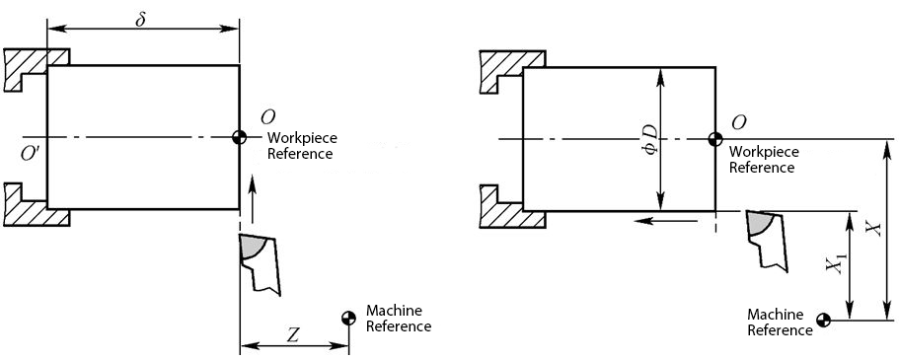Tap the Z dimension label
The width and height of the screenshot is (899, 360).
click(x=293, y=334)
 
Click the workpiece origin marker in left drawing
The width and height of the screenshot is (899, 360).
click(x=239, y=137)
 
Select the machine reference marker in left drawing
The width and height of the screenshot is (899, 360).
click(x=348, y=318)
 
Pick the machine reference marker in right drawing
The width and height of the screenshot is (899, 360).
click(x=824, y=320)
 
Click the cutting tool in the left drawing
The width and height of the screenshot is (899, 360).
click(x=259, y=260)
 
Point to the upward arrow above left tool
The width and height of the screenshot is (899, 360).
click(x=253, y=197)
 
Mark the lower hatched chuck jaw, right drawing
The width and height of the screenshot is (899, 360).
click(x=501, y=201)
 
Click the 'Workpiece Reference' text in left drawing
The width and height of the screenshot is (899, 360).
click(x=300, y=145)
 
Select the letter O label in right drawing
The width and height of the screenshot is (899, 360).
click(x=738, y=122)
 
